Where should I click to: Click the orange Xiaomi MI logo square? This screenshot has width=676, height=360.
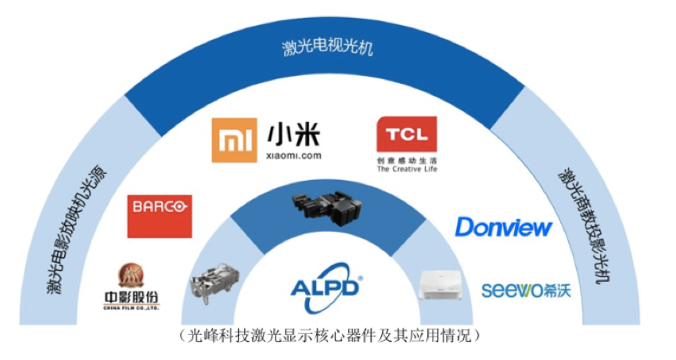[x=234, y=140]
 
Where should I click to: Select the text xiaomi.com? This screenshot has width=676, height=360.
[x=294, y=156]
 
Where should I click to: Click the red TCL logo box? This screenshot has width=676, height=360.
[x=406, y=134]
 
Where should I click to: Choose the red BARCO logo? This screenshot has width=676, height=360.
[x=160, y=216]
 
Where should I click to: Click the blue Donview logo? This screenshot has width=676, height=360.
[x=504, y=227]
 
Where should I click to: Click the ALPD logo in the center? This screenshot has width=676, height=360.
[x=326, y=286]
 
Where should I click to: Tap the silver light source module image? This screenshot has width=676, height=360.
[x=214, y=282]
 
